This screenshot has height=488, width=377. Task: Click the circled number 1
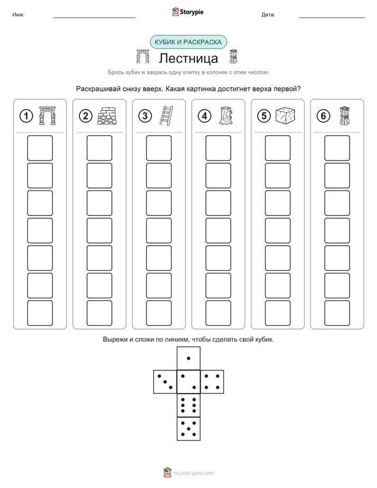[26, 116]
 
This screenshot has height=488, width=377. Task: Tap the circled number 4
[204, 116]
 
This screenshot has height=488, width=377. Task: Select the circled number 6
[323, 116]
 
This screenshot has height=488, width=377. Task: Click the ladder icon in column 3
[166, 116]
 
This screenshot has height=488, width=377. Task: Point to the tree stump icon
[225, 116]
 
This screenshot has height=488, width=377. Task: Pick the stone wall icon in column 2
[107, 116]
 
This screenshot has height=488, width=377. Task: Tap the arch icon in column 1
[48, 116]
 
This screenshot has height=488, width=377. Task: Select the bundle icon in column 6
[344, 116]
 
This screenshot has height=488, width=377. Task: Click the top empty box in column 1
[40, 148]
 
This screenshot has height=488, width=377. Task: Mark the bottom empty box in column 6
[337, 313]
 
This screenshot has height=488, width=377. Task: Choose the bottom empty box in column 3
[158, 313]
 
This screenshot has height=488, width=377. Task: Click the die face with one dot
[188, 358]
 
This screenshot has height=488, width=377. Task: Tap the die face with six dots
[188, 405]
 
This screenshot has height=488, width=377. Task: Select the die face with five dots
[188, 428]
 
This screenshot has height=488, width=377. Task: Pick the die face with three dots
[165, 381]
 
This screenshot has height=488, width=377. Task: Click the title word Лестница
[188, 59]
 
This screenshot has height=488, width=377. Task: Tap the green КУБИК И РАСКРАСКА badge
[188, 42]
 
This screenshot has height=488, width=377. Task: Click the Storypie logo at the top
[187, 12]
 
